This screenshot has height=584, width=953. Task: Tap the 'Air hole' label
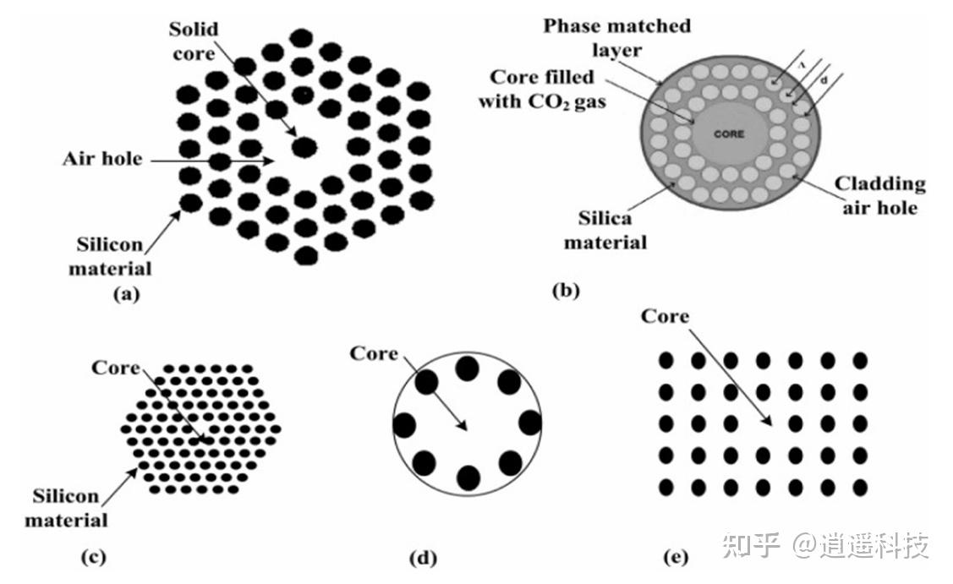[101, 158]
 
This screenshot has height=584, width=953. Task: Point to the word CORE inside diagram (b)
[728, 134]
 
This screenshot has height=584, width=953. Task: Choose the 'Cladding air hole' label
[879, 195]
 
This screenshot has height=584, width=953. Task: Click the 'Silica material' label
[605, 230]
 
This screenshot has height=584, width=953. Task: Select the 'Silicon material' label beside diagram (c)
[65, 507]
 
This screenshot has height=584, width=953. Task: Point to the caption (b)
[565, 292]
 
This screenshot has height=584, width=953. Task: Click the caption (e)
[676, 556]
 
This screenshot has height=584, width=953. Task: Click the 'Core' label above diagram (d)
[374, 353]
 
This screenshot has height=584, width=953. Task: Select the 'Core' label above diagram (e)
[665, 316]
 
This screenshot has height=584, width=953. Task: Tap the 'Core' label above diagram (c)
[116, 368]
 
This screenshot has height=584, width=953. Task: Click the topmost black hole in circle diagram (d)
[468, 368]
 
